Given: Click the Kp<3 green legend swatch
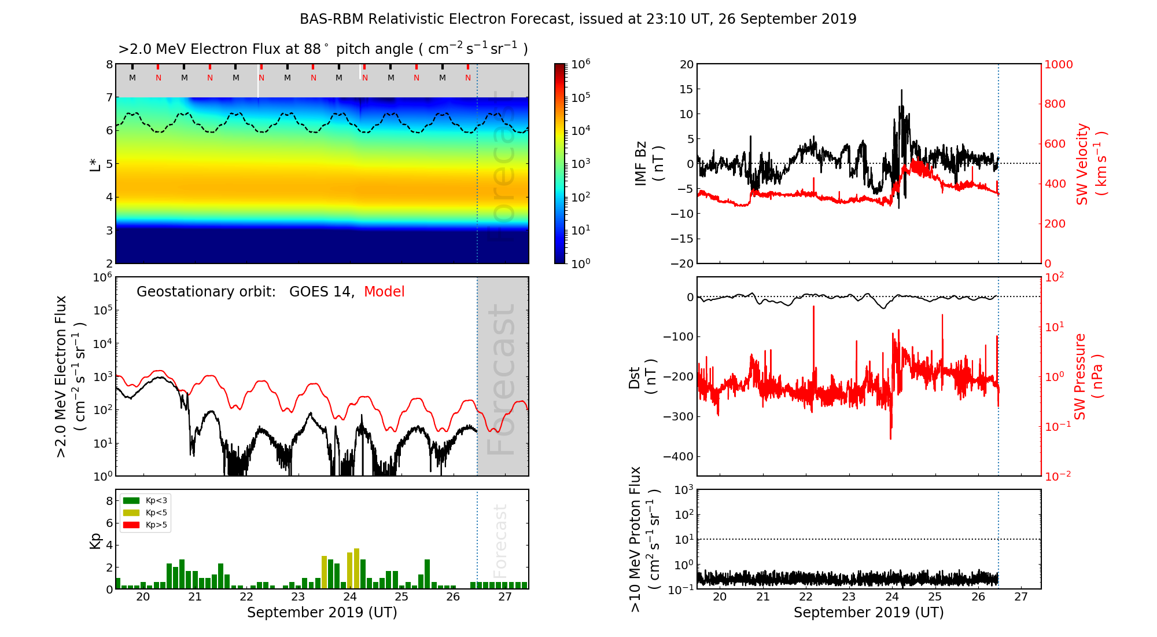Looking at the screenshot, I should [131, 500].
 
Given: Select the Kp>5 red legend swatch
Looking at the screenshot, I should [131, 525].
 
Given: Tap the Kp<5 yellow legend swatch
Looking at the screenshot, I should [131, 512].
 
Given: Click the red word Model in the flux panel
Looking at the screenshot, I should [384, 292].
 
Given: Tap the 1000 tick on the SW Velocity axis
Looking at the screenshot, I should [1059, 65].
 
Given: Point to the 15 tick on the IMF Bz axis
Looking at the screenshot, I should [687, 90].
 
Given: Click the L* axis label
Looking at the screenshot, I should [95, 163].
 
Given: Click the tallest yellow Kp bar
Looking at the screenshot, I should [356, 568].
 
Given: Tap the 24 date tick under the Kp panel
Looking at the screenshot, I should [349, 597].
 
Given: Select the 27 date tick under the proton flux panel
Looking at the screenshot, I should [1021, 597].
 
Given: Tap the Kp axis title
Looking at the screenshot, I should [95, 540].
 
